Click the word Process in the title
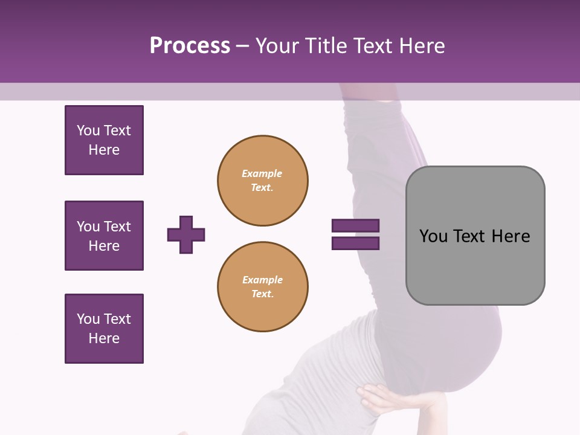(190, 46)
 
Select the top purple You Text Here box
(104, 140)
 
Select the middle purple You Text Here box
(104, 236)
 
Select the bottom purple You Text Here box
(104, 329)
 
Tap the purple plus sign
(186, 234)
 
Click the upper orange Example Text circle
(262, 181)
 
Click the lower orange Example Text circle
(262, 286)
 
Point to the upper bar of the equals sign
(355, 226)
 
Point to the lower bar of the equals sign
(355, 243)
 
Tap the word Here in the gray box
(511, 236)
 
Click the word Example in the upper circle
(262, 173)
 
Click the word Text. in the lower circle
(262, 294)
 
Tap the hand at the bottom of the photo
(387, 399)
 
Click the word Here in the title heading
(422, 46)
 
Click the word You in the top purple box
(88, 130)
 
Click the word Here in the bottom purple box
(104, 338)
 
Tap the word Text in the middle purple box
(117, 227)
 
